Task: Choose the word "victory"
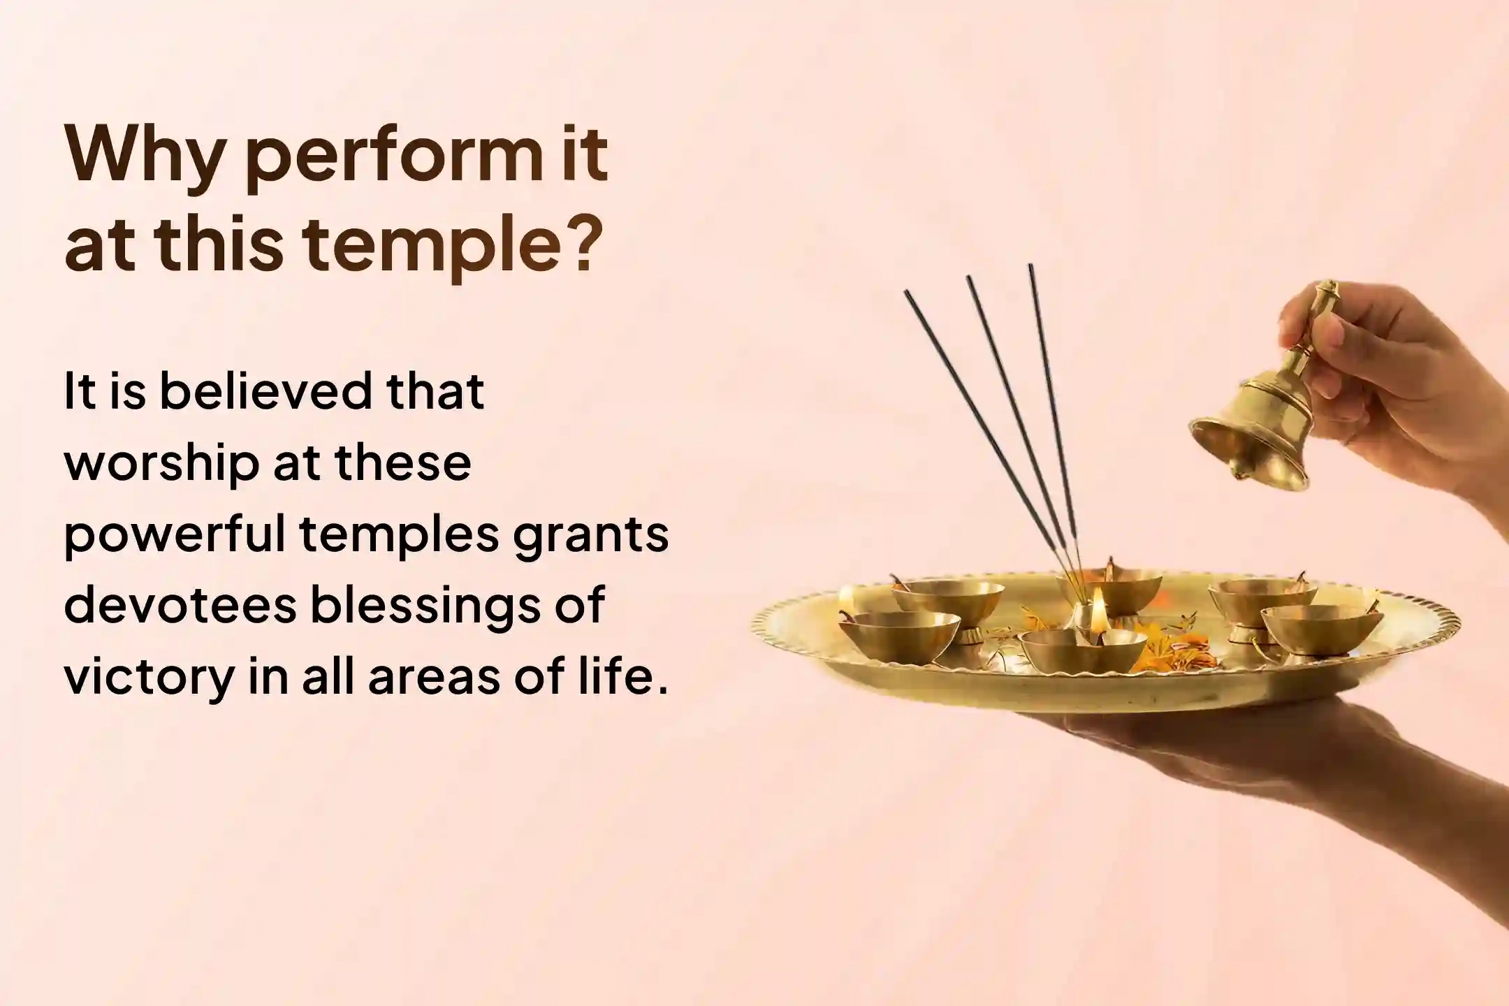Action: [x=146, y=678]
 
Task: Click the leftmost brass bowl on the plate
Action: [x=898, y=632]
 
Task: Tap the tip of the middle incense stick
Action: [x=969, y=279]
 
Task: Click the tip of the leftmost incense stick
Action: [x=906, y=293]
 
